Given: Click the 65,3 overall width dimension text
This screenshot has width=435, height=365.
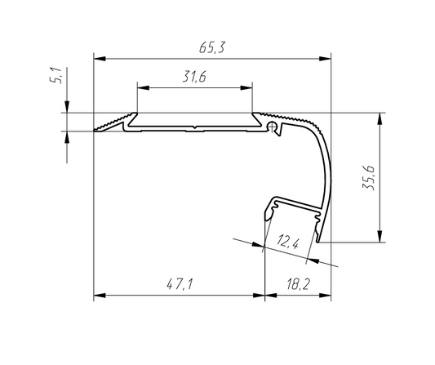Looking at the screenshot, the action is click(x=211, y=47).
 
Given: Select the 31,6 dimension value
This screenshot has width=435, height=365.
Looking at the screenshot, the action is click(x=194, y=77).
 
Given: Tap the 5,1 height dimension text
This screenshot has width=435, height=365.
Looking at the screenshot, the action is click(x=55, y=75).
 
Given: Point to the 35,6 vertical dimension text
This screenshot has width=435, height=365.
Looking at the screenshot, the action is click(x=369, y=178).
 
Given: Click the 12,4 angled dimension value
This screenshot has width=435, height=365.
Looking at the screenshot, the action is click(x=288, y=241).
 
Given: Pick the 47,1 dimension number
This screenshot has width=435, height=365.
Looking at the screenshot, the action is click(x=180, y=284).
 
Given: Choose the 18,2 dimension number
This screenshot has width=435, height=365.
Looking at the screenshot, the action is click(x=298, y=284).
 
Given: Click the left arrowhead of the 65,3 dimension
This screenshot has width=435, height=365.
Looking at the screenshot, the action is click(x=100, y=59).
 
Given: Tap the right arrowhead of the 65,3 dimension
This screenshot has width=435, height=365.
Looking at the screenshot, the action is click(x=325, y=59).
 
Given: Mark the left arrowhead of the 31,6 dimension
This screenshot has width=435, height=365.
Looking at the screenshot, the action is click(x=143, y=88).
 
